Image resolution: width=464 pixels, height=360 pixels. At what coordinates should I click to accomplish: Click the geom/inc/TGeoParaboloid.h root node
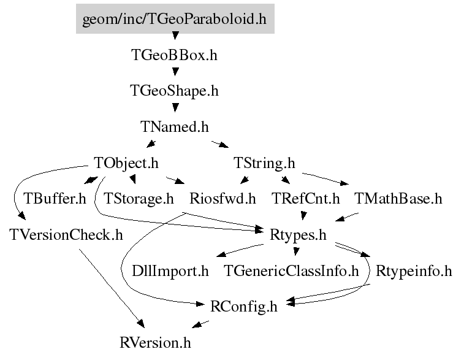(175, 18)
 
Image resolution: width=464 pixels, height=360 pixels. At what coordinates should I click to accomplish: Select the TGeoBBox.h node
(174, 55)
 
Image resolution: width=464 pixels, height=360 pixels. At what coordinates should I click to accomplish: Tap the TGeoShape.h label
(174, 91)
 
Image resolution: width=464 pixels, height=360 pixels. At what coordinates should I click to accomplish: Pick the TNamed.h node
(174, 127)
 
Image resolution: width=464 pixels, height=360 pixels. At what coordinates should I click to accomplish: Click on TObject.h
(126, 163)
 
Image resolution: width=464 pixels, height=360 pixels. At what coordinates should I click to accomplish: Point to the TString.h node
(264, 163)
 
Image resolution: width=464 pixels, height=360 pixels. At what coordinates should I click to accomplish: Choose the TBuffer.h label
(55, 199)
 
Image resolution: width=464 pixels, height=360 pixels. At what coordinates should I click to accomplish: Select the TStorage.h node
(139, 199)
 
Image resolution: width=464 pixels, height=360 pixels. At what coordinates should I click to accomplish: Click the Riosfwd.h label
(222, 199)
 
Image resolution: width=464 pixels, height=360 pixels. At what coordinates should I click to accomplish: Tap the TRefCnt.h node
(305, 199)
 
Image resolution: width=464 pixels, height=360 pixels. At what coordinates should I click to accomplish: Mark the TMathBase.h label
(398, 199)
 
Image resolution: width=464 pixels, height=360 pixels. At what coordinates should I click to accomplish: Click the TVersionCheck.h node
(66, 235)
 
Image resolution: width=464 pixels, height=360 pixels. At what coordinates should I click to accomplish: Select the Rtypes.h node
(298, 235)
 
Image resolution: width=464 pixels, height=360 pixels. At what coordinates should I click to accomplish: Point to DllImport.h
(170, 271)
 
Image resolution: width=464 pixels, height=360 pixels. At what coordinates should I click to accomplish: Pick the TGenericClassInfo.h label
(291, 271)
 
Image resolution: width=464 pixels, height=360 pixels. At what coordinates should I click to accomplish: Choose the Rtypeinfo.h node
(414, 271)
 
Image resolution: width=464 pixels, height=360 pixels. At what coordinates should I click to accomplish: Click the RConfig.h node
(244, 307)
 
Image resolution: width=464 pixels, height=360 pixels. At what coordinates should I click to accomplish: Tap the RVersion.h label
(155, 343)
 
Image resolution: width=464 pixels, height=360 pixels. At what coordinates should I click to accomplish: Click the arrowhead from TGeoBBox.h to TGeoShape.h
(175, 72)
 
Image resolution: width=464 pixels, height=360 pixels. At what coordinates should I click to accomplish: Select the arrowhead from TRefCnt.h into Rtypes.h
(303, 215)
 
